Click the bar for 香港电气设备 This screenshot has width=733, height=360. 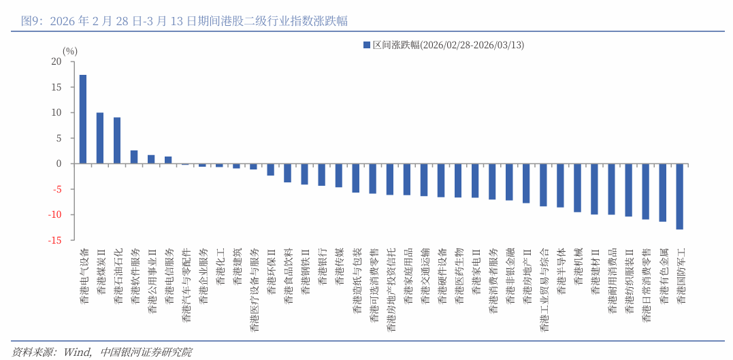(83, 119)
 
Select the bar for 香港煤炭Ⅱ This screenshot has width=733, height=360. (100, 138)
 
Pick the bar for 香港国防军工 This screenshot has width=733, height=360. (679, 196)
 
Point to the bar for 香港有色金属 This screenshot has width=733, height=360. (662, 192)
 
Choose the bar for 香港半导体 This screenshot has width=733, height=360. (560, 185)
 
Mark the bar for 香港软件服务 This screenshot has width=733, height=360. (134, 157)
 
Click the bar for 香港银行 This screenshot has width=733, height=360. (321, 174)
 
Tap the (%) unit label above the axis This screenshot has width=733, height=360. (70, 51)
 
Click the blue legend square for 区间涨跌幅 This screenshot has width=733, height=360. (367, 45)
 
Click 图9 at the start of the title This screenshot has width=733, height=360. (29, 21)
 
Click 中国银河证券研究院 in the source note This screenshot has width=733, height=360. (146, 352)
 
